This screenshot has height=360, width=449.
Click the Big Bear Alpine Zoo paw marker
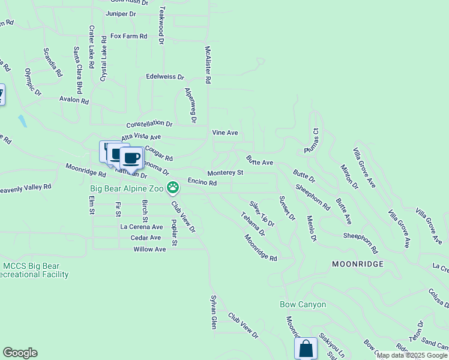click(173, 188)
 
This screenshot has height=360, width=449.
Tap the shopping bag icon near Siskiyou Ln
click(306, 348)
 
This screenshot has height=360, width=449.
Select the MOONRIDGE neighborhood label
click(357, 264)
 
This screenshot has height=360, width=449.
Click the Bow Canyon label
click(303, 304)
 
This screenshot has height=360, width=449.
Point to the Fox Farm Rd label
click(129, 36)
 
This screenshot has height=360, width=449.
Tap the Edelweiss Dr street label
click(165, 77)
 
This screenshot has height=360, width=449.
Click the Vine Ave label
click(225, 132)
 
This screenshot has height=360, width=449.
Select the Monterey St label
click(225, 173)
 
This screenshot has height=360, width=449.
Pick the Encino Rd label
click(202, 182)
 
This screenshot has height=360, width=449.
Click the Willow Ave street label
click(149, 249)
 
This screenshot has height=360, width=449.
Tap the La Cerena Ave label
click(142, 227)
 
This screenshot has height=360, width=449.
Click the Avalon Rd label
click(74, 100)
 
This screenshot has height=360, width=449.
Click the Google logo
click(20, 353)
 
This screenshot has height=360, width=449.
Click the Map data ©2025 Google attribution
click(412, 355)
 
